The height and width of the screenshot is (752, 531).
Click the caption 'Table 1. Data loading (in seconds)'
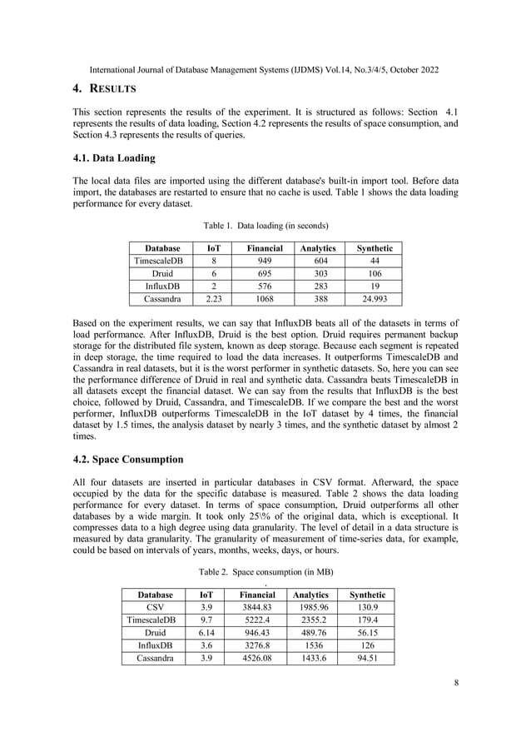(x=265, y=226)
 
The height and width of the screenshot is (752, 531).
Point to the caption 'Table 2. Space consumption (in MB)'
(x=265, y=573)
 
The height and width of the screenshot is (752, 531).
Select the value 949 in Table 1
(x=264, y=261)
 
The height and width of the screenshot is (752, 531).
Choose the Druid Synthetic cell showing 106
(x=374, y=273)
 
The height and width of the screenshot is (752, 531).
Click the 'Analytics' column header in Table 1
(x=316, y=248)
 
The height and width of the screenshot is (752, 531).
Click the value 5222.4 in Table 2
(x=257, y=620)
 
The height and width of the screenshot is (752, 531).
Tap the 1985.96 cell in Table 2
(x=311, y=608)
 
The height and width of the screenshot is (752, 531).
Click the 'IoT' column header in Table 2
(x=205, y=595)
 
